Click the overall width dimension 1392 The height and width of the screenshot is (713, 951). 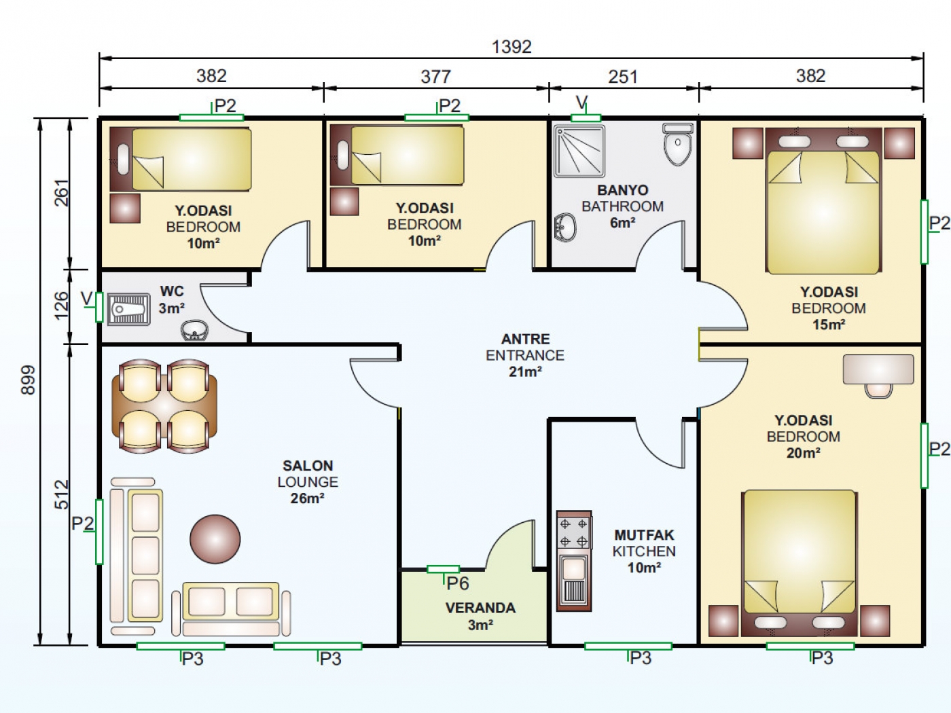pyautogui.click(x=512, y=47)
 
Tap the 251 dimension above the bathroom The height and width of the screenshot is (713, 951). pyautogui.click(x=623, y=77)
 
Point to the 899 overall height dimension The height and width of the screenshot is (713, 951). pyautogui.click(x=28, y=380)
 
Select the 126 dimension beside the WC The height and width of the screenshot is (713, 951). pyautogui.click(x=61, y=306)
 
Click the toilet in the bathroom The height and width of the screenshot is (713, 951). pyautogui.click(x=678, y=144)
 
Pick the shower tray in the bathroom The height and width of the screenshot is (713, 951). pyautogui.click(x=579, y=151)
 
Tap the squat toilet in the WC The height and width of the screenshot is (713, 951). pyautogui.click(x=128, y=309)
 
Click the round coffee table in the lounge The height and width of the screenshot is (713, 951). pyautogui.click(x=215, y=539)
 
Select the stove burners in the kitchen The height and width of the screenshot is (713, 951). pyautogui.click(x=573, y=532)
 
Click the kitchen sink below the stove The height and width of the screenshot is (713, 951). pyautogui.click(x=573, y=581)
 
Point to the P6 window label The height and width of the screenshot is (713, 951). pyautogui.click(x=458, y=583)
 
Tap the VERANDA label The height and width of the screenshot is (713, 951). pyautogui.click(x=480, y=608)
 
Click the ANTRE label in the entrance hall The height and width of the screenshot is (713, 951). pyautogui.click(x=526, y=339)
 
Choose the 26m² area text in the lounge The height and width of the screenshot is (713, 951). pyautogui.click(x=307, y=498)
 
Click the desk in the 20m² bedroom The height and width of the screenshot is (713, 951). pyautogui.click(x=878, y=369)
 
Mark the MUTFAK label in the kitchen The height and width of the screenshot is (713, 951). pyautogui.click(x=644, y=535)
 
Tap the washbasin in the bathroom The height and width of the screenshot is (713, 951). pyautogui.click(x=565, y=227)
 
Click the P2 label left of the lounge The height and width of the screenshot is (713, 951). pyautogui.click(x=82, y=523)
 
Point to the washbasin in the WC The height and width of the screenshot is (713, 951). pyautogui.click(x=194, y=331)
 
